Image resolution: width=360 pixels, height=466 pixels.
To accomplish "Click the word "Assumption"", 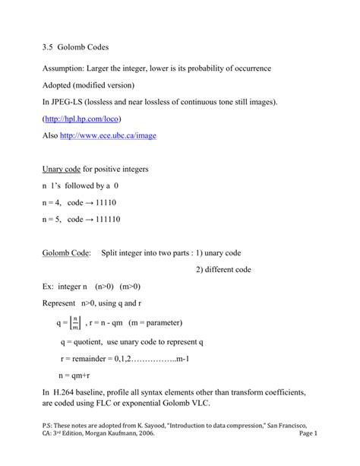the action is [67, 69].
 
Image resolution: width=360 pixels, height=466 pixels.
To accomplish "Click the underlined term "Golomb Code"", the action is [66, 252].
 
